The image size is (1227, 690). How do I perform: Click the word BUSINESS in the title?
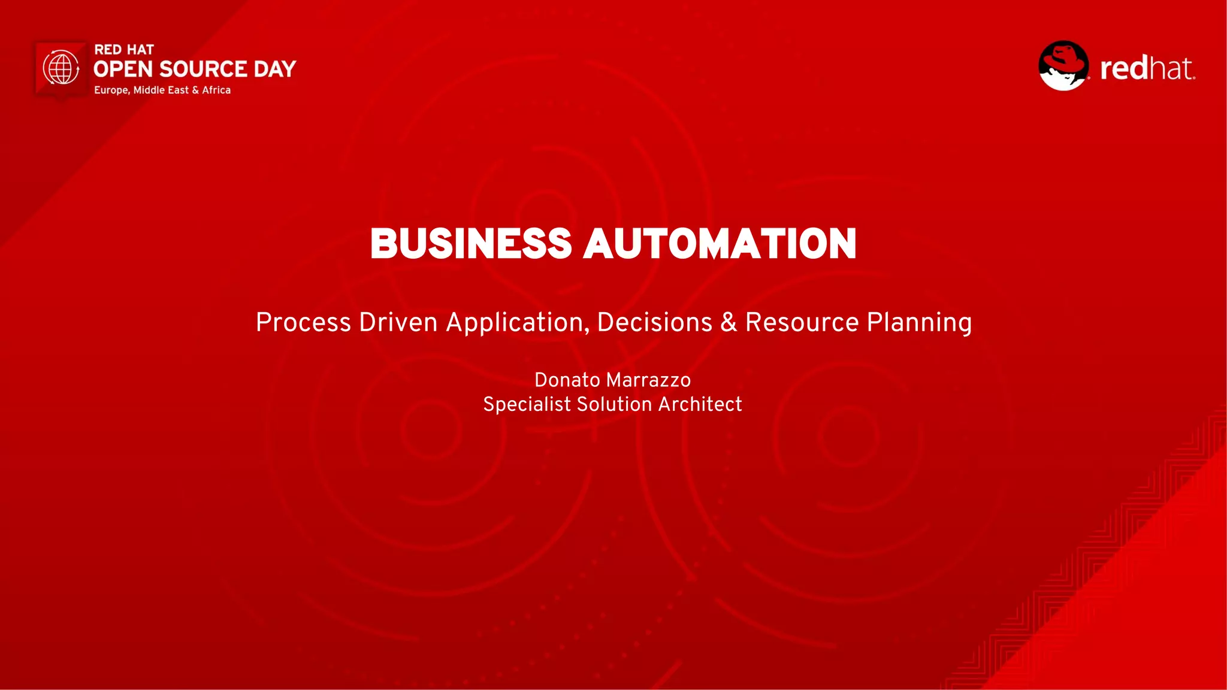(x=471, y=244)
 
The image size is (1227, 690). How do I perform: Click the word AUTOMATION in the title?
(x=720, y=244)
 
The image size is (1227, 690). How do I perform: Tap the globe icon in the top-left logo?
(x=61, y=68)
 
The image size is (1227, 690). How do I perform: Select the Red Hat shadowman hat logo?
(x=1063, y=66)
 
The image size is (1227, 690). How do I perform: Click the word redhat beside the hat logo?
(x=1147, y=68)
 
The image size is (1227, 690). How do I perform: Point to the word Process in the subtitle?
(x=303, y=323)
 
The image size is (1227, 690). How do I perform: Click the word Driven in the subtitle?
(x=398, y=323)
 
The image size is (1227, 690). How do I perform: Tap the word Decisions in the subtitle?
(x=654, y=323)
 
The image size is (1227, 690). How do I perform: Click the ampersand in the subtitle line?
(x=729, y=323)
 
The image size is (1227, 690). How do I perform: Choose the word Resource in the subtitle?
(x=802, y=323)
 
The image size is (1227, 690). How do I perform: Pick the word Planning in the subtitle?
(x=919, y=323)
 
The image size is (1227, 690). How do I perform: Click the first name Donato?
(x=567, y=380)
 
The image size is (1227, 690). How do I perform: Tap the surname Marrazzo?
(x=648, y=380)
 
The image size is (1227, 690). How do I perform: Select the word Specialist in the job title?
(x=527, y=404)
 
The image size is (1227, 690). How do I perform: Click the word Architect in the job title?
(x=700, y=404)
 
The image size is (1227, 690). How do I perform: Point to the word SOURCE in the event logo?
(x=203, y=69)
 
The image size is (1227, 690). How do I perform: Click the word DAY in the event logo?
(x=274, y=69)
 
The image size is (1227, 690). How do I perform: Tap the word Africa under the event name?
(x=216, y=90)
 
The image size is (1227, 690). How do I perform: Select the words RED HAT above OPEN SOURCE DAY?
(x=124, y=50)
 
